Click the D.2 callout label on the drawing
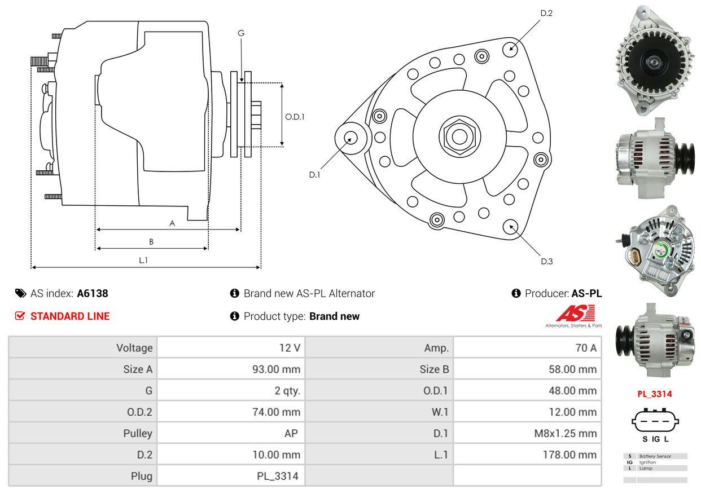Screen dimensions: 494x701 click(546, 13)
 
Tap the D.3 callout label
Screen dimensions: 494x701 click(546, 261)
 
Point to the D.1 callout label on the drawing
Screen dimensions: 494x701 click(314, 175)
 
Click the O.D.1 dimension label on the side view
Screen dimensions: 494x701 click(295, 117)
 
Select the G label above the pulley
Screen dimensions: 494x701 click(241, 33)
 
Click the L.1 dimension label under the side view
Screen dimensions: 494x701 click(143, 260)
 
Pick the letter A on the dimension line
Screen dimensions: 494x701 click(172, 223)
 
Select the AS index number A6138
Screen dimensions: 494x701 click(93, 293)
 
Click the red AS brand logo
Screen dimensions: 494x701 click(576, 314)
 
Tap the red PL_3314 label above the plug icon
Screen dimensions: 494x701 click(655, 394)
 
